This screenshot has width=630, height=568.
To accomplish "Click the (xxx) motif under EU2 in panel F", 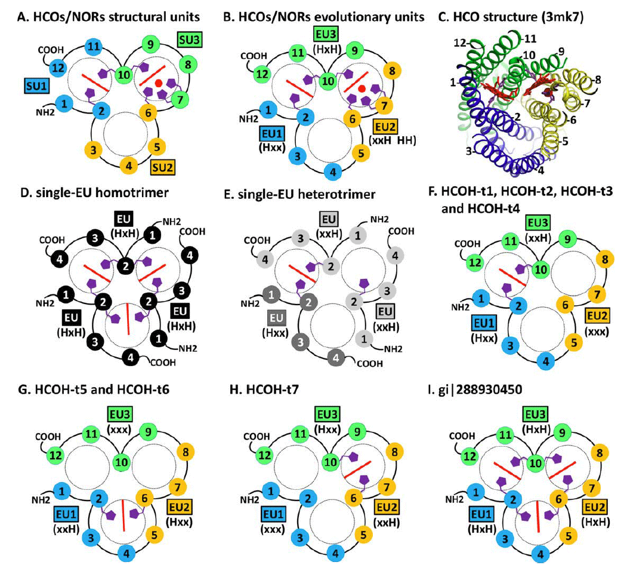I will [597, 330].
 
